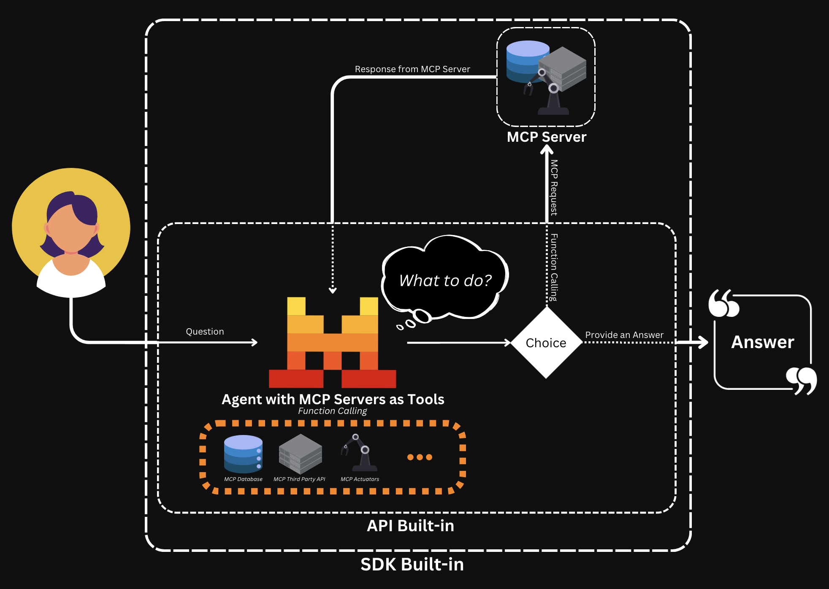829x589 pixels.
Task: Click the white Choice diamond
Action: pyautogui.click(x=546, y=343)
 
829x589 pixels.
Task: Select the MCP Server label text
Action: pyautogui.click(x=546, y=137)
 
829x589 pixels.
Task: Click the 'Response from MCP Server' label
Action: pyautogui.click(x=412, y=69)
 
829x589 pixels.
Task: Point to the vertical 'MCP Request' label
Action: pyautogui.click(x=554, y=187)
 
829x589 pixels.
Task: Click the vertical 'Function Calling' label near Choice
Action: pyautogui.click(x=554, y=267)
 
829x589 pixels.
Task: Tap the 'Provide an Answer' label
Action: pyautogui.click(x=624, y=335)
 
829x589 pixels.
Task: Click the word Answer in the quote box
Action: pyautogui.click(x=762, y=342)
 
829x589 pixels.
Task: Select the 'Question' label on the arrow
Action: pyautogui.click(x=205, y=332)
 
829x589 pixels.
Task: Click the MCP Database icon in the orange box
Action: pyautogui.click(x=243, y=454)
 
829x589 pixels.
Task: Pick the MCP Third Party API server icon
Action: pyautogui.click(x=300, y=454)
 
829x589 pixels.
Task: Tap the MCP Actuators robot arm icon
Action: pyautogui.click(x=360, y=453)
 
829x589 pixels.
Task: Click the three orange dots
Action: pyautogui.click(x=420, y=457)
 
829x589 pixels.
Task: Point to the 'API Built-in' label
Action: pyautogui.click(x=410, y=526)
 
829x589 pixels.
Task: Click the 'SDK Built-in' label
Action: pyautogui.click(x=412, y=565)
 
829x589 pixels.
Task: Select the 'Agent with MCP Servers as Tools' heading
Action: pyautogui.click(x=333, y=399)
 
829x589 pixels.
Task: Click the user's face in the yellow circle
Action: pyautogui.click(x=71, y=231)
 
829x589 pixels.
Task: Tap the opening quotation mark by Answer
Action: pyautogui.click(x=723, y=303)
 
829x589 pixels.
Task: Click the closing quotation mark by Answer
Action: pyautogui.click(x=801, y=380)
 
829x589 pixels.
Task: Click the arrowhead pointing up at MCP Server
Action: pyautogui.click(x=547, y=149)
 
